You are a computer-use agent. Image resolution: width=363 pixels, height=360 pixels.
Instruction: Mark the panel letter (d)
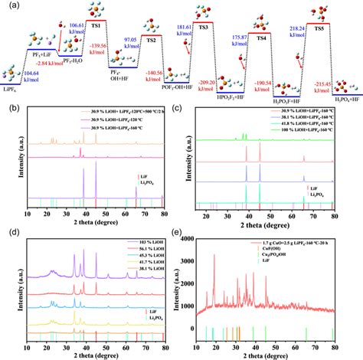tap(8, 232)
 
